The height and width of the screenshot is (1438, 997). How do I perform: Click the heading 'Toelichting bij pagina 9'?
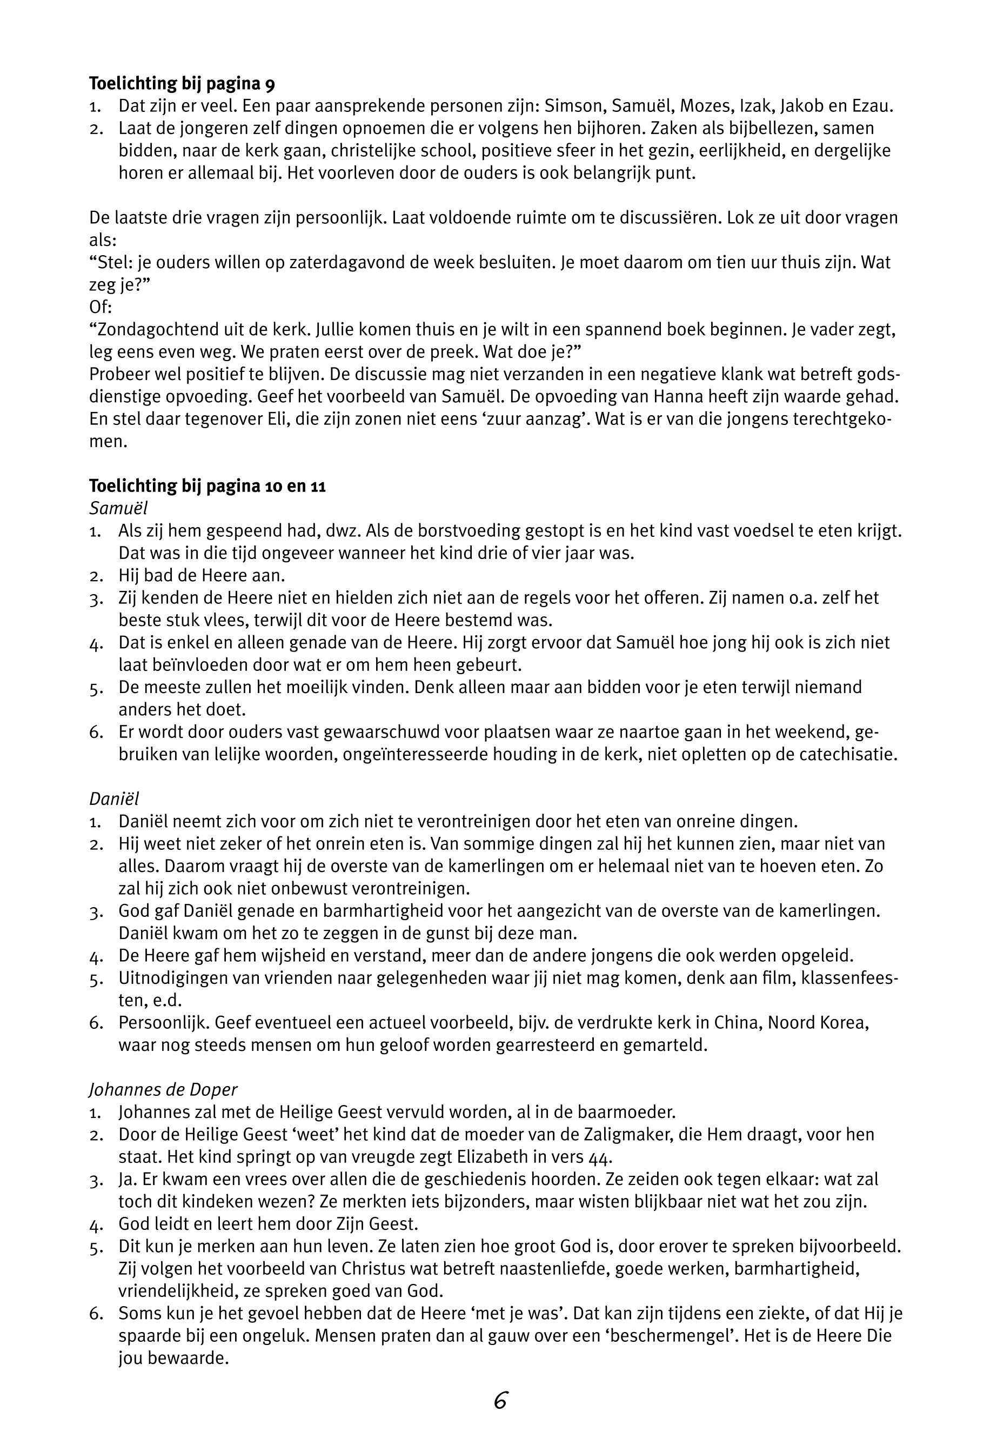coord(182,83)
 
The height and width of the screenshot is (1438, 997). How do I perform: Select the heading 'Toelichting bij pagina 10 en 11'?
coord(208,485)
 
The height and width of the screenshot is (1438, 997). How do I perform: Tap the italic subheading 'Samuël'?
coord(119,508)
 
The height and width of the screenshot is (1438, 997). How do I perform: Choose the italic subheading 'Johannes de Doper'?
coord(163,1089)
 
